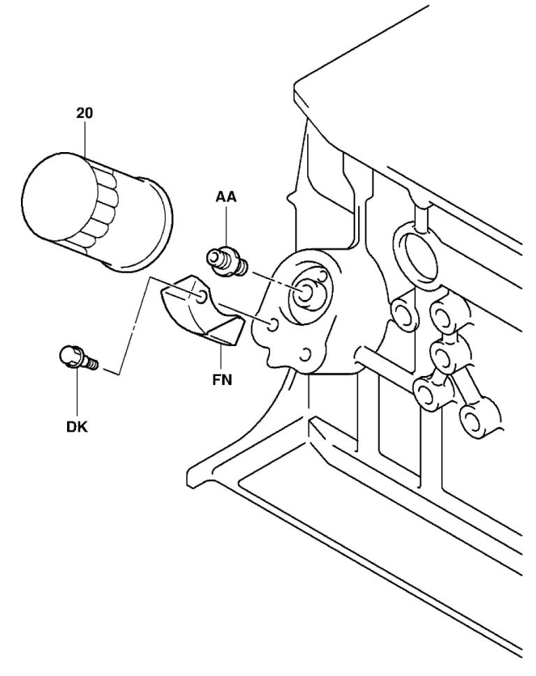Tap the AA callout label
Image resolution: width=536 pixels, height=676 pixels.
(226, 198)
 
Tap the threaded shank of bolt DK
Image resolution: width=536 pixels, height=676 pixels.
(91, 363)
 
